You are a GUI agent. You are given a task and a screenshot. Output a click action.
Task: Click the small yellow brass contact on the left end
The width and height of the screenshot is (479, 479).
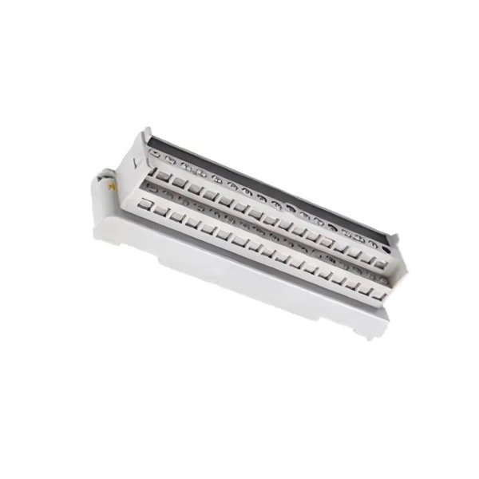tap(112, 185)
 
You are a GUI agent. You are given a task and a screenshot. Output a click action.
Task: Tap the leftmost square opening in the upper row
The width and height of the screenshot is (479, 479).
tap(162, 175)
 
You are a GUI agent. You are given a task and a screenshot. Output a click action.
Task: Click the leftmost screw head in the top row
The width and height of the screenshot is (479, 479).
tap(156, 153)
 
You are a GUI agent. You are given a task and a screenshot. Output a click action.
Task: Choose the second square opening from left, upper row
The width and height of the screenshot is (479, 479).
tap(179, 182)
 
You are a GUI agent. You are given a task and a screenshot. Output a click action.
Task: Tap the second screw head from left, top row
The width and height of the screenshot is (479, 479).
tap(170, 160)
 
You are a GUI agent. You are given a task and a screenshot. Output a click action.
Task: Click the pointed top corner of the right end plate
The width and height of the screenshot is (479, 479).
tap(394, 234)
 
